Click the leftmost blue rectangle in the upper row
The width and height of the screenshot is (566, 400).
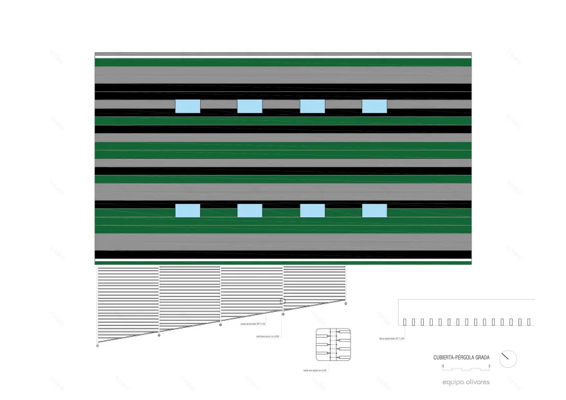click(187, 106)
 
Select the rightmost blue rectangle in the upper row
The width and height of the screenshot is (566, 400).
click(374, 106)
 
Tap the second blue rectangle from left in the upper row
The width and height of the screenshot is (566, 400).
click(250, 106)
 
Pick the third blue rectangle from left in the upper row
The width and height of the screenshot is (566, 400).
click(312, 106)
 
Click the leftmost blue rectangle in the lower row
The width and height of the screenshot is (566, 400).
click(187, 210)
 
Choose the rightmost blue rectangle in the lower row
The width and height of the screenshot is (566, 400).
click(374, 210)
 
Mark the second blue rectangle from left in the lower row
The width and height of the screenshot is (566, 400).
click(250, 210)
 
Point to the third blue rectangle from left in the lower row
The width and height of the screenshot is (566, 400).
click(312, 210)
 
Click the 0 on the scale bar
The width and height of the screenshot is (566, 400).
click(443, 365)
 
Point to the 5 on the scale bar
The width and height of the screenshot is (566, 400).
click(489, 365)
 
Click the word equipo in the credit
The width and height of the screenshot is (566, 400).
click(453, 382)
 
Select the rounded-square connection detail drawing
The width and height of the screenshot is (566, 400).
click(333, 345)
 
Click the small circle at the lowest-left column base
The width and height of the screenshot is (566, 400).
click(98, 345)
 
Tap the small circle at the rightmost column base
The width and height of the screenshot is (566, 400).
click(345, 302)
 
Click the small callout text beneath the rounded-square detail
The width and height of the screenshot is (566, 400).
click(315, 370)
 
